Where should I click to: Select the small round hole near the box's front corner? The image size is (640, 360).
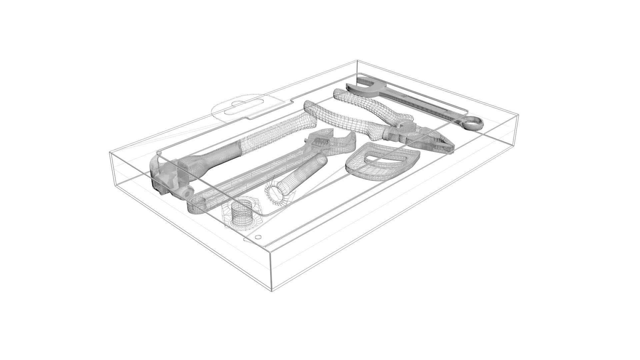pos(257,237)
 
